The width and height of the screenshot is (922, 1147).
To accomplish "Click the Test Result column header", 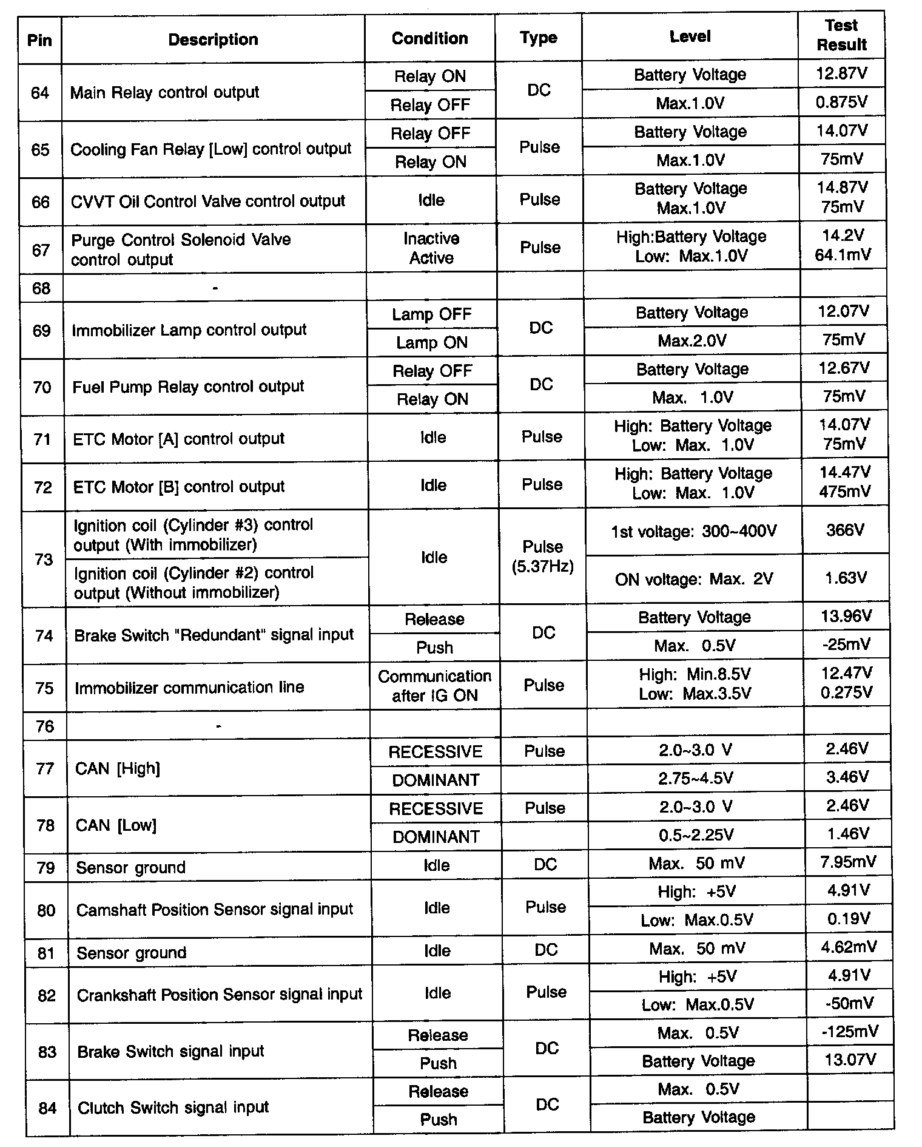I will (x=841, y=35).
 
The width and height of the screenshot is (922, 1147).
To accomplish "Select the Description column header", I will (x=213, y=40).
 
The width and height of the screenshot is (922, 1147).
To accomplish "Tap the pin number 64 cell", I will (x=40, y=93).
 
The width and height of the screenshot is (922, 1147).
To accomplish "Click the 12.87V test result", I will (x=841, y=74).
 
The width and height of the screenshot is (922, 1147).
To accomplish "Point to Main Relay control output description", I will (x=165, y=92).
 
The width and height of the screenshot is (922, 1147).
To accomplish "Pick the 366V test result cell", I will (x=845, y=530).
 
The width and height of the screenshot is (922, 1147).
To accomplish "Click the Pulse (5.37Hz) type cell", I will (x=543, y=557).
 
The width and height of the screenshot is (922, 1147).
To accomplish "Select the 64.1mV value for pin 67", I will (x=843, y=255).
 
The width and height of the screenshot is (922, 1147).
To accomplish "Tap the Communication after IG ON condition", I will (x=434, y=686).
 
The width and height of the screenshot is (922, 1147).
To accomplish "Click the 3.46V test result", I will (x=847, y=777).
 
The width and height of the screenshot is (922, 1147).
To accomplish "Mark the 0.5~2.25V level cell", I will (x=696, y=836).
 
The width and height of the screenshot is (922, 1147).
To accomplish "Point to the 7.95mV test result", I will (x=847, y=862).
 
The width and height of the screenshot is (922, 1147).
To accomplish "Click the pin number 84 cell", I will (x=47, y=1108).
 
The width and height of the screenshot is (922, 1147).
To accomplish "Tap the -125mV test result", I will (x=849, y=1032).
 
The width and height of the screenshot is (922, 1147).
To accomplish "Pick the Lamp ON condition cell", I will (x=432, y=343).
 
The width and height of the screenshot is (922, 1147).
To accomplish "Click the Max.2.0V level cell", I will (x=692, y=341).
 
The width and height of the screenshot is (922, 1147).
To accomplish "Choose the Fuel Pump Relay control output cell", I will (x=188, y=387).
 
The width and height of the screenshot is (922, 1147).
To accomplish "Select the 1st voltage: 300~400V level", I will (x=694, y=532).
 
